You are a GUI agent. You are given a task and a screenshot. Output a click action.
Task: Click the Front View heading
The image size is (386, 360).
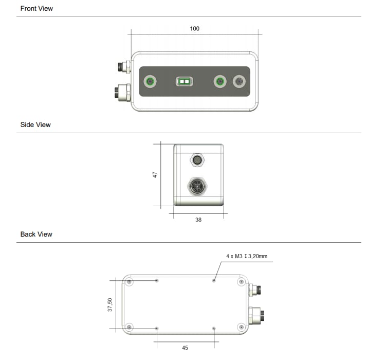pyautogui.click(x=36, y=9)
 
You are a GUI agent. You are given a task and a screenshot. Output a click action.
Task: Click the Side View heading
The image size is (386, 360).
pyautogui.click(x=35, y=125)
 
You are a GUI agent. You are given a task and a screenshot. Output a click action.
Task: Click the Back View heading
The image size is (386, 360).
pyautogui.click(x=36, y=235)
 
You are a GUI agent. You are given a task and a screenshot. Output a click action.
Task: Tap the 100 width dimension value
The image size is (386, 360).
pyautogui.click(x=194, y=29)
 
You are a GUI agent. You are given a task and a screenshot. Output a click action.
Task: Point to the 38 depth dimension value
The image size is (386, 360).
pyautogui.click(x=198, y=220)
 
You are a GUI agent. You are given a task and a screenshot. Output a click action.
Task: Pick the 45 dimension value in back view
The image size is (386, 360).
pyautogui.click(x=185, y=348)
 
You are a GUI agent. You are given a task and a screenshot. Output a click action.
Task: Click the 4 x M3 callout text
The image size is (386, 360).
pyautogui.click(x=247, y=256)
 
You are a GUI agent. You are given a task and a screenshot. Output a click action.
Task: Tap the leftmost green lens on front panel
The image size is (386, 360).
pyautogui.click(x=150, y=81)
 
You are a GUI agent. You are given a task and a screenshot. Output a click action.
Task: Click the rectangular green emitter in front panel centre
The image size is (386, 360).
pyautogui.click(x=184, y=81)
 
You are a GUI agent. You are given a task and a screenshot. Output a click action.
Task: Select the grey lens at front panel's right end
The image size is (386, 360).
pyautogui.click(x=240, y=81)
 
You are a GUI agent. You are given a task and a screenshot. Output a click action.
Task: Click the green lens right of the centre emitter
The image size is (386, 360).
pyautogui.click(x=220, y=81)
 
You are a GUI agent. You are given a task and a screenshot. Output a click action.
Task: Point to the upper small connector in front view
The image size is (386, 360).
pyautogui.click(x=124, y=67)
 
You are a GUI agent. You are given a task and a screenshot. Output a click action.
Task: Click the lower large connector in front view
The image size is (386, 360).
pyautogui.click(x=122, y=92)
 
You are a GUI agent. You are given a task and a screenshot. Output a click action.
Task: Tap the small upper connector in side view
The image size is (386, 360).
pyautogui.click(x=197, y=159)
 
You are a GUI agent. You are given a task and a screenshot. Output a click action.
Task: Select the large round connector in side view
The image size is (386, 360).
pyautogui.click(x=198, y=186)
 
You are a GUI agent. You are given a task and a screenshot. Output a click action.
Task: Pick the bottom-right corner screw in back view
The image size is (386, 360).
pyautogui.click(x=241, y=327)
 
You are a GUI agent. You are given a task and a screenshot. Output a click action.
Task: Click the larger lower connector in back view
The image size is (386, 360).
pyautogui.click(x=256, y=314)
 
